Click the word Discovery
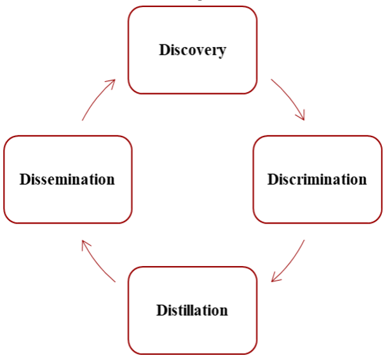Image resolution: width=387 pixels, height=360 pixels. tap(193, 51)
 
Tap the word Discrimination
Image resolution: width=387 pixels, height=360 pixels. tap(317, 179)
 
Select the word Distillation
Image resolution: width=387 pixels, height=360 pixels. tap(192, 310)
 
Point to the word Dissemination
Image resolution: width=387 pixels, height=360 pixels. tap(67, 179)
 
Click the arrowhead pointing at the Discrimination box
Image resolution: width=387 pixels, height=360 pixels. tap(301, 116)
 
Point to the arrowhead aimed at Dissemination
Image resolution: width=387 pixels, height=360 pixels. tap(85, 244)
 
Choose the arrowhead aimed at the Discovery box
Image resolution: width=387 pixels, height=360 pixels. tap(111, 83)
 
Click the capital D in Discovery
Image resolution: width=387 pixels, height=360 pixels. tap(165, 50)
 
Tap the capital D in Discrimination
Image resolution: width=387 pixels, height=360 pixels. tap(273, 179)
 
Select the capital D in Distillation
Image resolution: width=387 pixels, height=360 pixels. tap(162, 310)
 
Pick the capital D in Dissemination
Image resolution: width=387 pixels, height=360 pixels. tap(25, 179)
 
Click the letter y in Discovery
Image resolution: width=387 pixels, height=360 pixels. tap(221, 52)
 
